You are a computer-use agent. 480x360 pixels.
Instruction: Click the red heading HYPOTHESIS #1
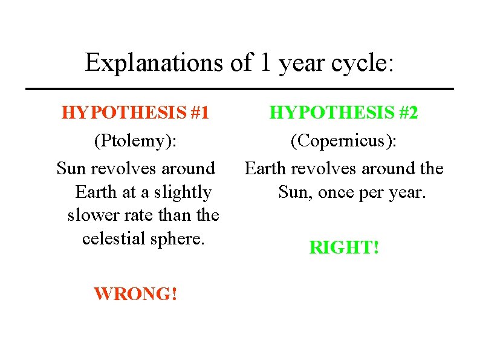click(135, 113)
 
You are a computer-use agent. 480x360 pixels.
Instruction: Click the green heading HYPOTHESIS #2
click(343, 113)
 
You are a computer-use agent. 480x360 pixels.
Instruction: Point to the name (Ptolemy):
click(135, 142)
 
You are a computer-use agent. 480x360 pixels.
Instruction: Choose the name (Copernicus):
click(343, 142)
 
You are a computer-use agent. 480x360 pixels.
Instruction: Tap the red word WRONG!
click(135, 294)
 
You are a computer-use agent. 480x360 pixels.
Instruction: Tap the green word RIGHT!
click(343, 247)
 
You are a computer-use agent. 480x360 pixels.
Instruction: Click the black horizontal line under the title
click(239, 89)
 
